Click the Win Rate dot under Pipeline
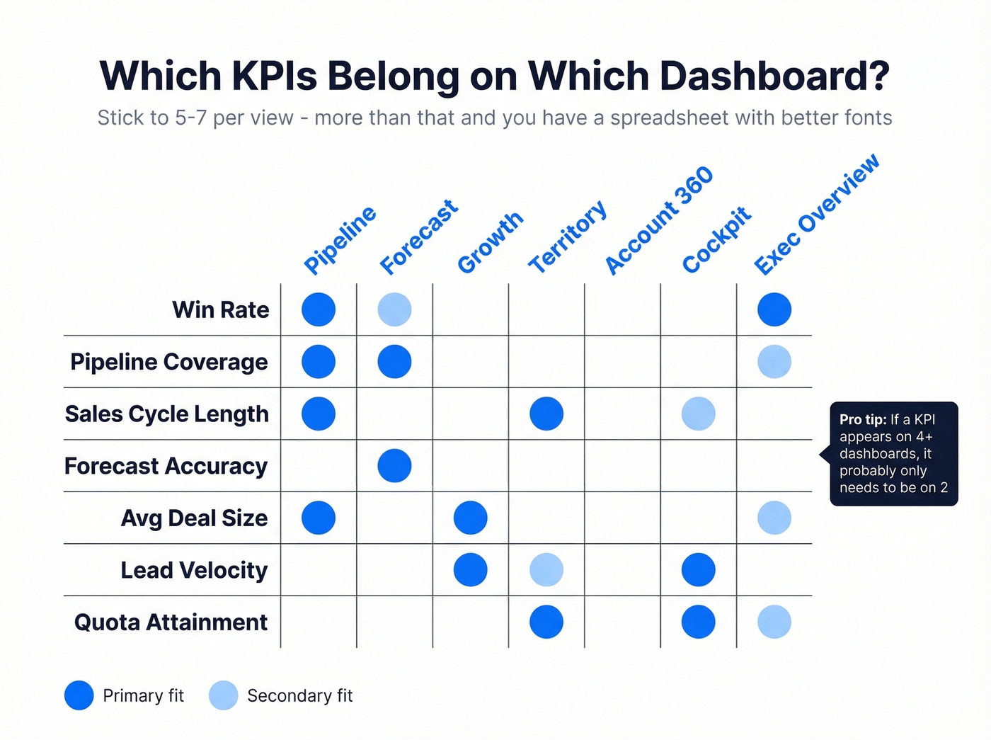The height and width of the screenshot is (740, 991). (x=319, y=309)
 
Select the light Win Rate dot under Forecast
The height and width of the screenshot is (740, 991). (x=394, y=309)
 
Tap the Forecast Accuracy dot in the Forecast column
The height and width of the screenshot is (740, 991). (x=394, y=466)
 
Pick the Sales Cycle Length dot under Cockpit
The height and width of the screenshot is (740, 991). (x=698, y=414)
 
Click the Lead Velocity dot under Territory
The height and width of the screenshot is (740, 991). (x=546, y=570)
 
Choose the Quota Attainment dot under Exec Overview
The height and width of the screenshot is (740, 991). (x=774, y=622)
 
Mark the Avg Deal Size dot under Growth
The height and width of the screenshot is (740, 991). (x=471, y=518)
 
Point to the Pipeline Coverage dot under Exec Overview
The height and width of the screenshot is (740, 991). (x=774, y=362)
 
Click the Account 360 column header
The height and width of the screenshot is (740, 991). (x=659, y=220)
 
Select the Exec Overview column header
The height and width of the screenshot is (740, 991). (x=817, y=214)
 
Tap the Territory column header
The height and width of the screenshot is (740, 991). (x=568, y=237)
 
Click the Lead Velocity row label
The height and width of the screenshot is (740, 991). (x=194, y=570)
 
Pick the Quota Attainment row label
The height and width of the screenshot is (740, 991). (x=171, y=622)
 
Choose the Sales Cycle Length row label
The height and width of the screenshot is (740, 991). (x=167, y=414)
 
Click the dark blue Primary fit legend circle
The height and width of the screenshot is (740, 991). (x=79, y=695)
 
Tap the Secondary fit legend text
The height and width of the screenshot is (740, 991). (x=299, y=696)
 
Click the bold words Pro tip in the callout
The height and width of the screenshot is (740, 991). (x=862, y=419)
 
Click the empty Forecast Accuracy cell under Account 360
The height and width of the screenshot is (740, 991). (x=622, y=466)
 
